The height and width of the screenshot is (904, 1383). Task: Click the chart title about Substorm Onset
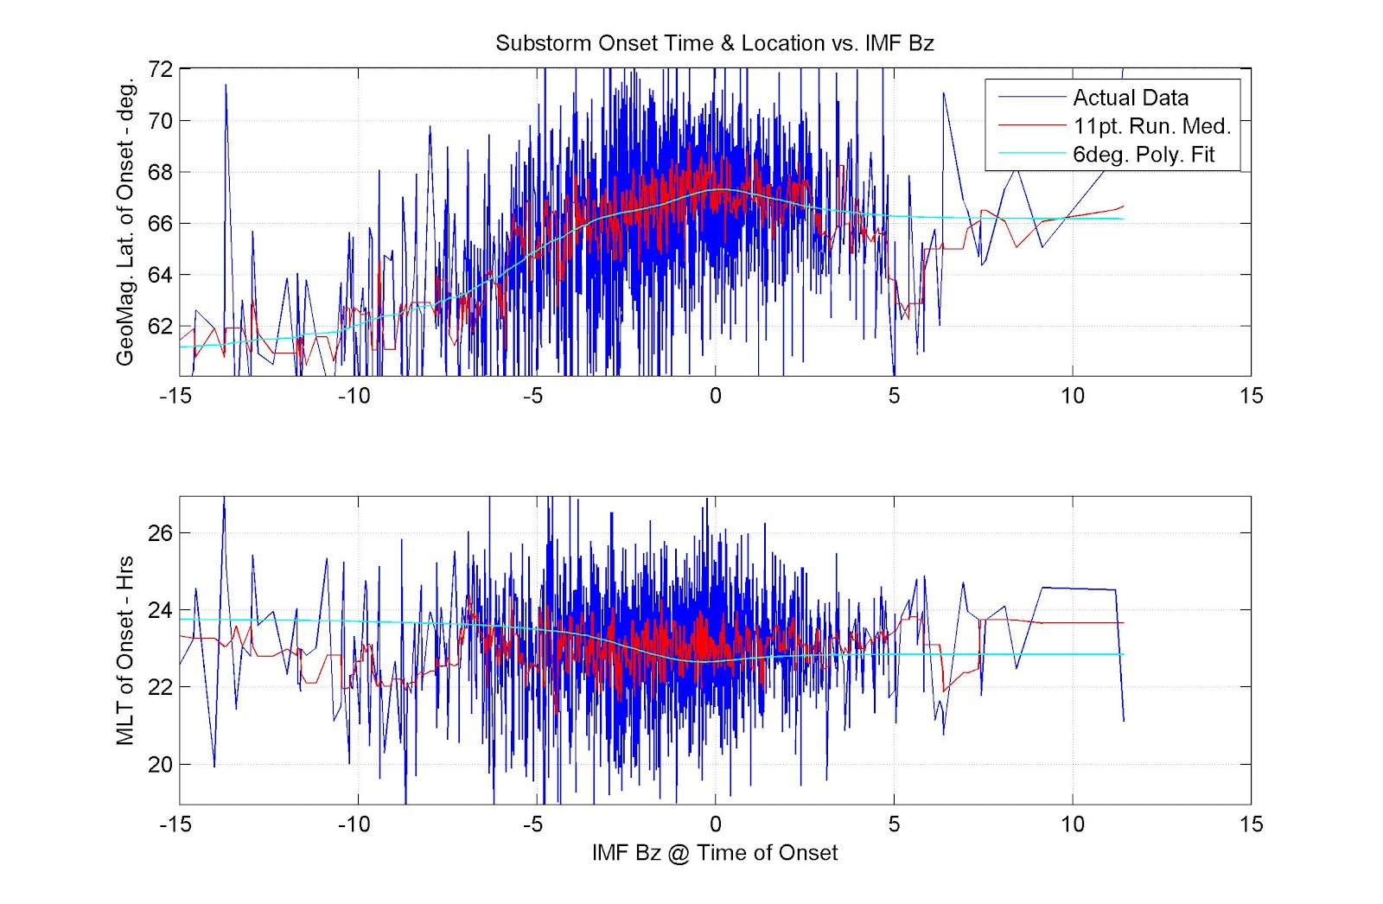point(714,43)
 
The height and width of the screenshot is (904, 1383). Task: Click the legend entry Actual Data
point(1130,98)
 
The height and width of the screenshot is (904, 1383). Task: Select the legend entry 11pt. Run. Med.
point(1151,126)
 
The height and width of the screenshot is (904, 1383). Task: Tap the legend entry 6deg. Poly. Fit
point(1143,155)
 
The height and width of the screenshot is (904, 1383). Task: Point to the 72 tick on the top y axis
point(161,70)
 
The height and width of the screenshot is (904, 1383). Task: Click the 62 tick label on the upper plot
point(161,326)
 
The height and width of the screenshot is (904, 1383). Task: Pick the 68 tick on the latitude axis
point(161,172)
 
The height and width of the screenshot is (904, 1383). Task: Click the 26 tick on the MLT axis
point(161,533)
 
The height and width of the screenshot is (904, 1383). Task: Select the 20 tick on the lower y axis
point(161,765)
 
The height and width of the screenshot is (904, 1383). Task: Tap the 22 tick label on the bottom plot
point(161,687)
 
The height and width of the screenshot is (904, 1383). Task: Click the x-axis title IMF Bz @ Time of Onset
point(714,853)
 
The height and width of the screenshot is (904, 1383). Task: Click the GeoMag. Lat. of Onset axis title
point(126,222)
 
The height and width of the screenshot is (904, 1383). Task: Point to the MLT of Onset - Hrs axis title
point(126,650)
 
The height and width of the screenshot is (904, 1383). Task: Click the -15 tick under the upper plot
point(175,396)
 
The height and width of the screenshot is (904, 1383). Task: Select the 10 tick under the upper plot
point(1072,396)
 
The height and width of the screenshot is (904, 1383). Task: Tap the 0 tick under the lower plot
point(715,824)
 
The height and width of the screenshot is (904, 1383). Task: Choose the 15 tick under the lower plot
point(1250,824)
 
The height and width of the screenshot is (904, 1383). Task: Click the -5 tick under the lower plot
point(532,824)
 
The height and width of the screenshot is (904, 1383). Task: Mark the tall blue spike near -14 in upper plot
point(226,86)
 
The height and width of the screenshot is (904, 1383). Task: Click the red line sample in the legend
point(1031,126)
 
